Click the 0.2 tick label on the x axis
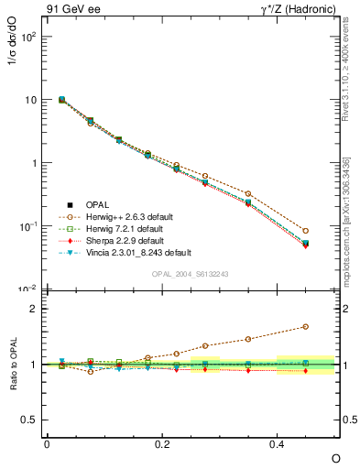tap(162, 443)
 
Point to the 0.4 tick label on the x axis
tap(278, 443)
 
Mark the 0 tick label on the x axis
tap(47, 443)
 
